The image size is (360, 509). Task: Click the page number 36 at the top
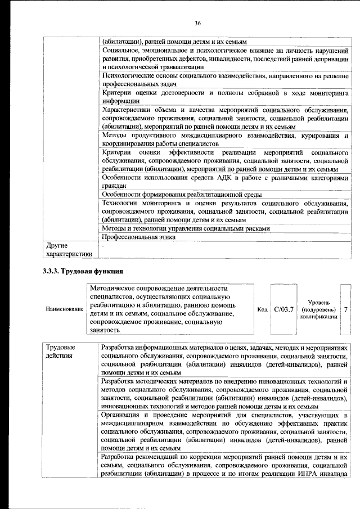click(197, 23)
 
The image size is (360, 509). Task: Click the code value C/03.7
click(283, 309)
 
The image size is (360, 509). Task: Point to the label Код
click(262, 309)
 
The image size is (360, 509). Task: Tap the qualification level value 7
click(345, 309)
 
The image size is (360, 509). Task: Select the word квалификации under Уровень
click(318, 317)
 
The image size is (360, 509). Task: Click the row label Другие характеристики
click(68, 250)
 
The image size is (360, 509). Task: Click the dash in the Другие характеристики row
click(103, 246)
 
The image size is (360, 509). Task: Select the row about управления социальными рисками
click(186, 229)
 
